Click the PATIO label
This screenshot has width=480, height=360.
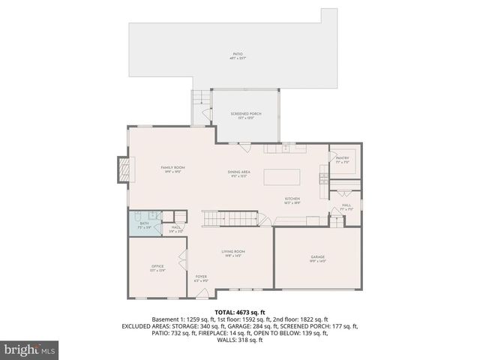238,54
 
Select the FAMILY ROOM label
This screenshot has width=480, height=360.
173,168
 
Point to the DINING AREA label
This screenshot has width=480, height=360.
239,173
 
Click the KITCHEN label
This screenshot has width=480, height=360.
313,199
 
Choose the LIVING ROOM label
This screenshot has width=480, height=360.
233,252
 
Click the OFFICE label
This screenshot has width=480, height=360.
157,266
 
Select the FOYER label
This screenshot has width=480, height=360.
201,277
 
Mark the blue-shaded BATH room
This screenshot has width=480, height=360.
142,223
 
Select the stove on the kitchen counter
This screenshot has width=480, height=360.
323,178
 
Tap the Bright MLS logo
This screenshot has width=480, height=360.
30,349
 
